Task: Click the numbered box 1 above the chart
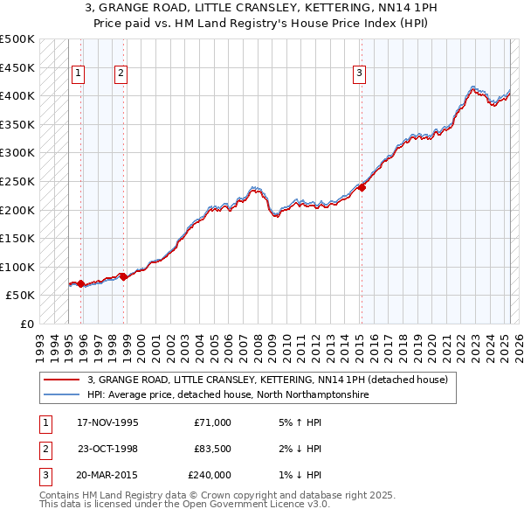pyautogui.click(x=79, y=73)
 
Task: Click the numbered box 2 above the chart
pyautogui.click(x=121, y=73)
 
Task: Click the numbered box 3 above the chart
pyautogui.click(x=359, y=73)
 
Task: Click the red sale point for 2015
pyautogui.click(x=362, y=187)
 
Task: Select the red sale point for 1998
pyautogui.click(x=123, y=276)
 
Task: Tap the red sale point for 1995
pyautogui.click(x=80, y=283)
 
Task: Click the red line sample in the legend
pyautogui.click(x=61, y=380)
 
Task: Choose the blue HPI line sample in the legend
pyautogui.click(x=61, y=395)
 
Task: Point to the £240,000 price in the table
pyautogui.click(x=209, y=476)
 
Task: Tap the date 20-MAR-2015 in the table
pyautogui.click(x=108, y=476)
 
